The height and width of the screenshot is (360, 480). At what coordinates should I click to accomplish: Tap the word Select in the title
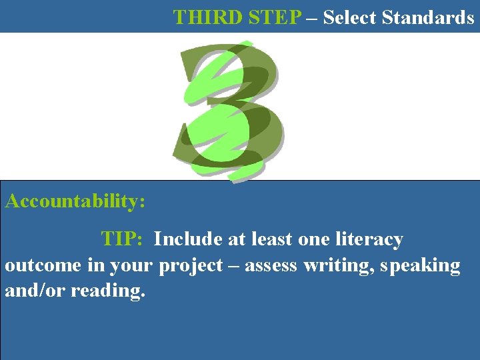coord(351,17)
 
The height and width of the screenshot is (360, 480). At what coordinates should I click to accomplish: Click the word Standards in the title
coord(429,17)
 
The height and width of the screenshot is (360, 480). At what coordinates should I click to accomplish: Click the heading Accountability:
coord(75,201)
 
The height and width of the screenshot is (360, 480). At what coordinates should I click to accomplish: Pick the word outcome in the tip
coord(43,265)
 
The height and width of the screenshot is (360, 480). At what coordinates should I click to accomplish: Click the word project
coord(190,265)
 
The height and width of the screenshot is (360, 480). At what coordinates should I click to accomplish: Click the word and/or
coord(31,291)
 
